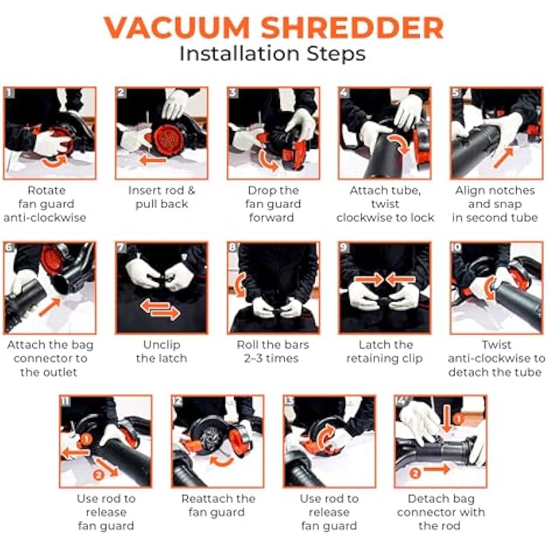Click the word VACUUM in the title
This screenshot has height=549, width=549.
pos(176,27)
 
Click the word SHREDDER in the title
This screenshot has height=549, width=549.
pos(353,27)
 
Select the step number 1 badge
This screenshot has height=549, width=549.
pos(9,93)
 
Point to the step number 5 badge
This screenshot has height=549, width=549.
pos(456,93)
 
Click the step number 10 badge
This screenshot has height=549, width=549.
pos(456,248)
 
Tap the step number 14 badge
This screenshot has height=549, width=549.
pos(400,401)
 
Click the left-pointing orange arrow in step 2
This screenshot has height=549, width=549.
pos(152,161)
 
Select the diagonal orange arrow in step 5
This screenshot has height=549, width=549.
pos(503,158)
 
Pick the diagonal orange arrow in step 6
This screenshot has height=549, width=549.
pos(49,307)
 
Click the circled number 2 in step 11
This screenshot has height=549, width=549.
pos(98,475)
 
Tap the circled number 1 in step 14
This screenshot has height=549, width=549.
pos(458,419)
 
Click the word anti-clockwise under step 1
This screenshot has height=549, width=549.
pos(45,218)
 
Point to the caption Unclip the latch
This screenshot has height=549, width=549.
pos(161,351)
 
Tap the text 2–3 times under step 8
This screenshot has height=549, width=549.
pos(271,358)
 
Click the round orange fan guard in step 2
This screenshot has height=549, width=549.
pos(167,140)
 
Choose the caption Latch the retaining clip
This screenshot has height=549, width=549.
pos(385,351)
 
